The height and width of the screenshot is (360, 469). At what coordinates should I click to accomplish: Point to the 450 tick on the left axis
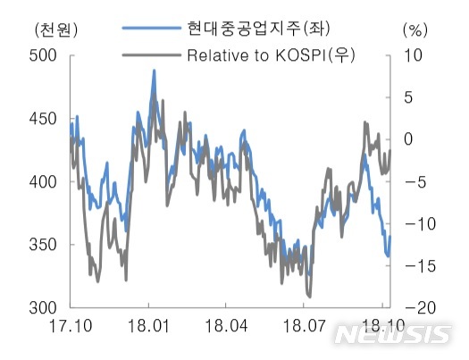click(x=43, y=119)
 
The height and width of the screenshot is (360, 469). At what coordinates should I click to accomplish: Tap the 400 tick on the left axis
click(x=43, y=181)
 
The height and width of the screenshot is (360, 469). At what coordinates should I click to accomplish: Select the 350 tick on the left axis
click(x=43, y=245)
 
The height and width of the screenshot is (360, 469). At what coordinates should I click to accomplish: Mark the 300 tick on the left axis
click(x=43, y=307)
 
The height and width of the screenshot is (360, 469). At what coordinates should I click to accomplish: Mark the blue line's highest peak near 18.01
click(x=154, y=71)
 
